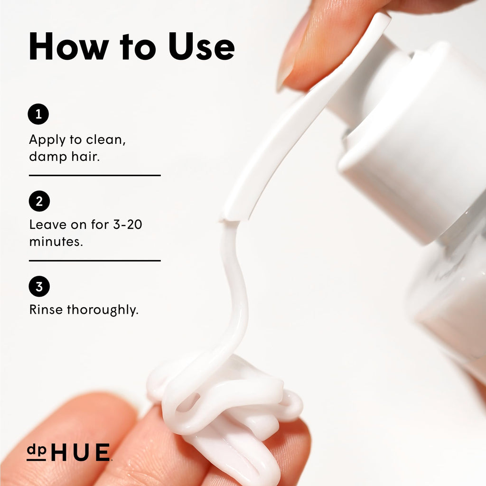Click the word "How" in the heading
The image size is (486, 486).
[x=68, y=46]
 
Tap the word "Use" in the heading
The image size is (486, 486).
[x=201, y=46]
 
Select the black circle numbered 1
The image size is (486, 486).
[x=38, y=114]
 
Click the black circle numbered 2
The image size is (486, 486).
[x=39, y=201]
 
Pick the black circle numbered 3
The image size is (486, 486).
[x=39, y=286]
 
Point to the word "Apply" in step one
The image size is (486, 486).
[x=47, y=140]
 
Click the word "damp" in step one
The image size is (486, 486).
[x=48, y=156]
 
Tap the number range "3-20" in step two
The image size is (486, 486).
[x=127, y=224]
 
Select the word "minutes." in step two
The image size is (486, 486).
[x=56, y=242]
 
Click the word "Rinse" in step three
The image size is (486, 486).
[x=46, y=309]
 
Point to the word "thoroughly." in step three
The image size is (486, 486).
[x=103, y=310]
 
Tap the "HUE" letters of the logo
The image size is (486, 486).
[x=80, y=452]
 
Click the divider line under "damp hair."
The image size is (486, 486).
[x=95, y=176]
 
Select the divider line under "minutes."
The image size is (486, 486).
[x=95, y=261]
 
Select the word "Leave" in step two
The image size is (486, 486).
[x=47, y=224]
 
